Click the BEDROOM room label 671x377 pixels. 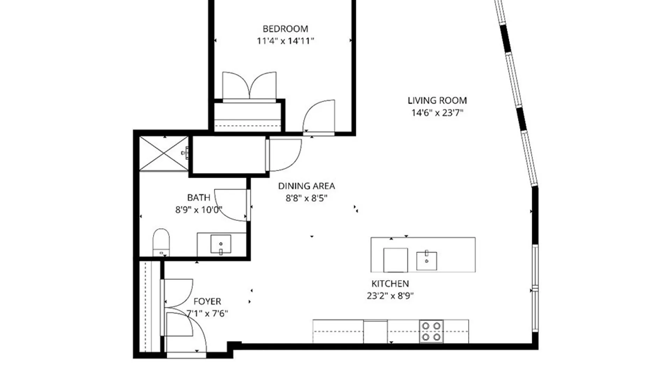click(x=285, y=29)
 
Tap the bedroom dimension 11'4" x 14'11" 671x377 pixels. click(x=285, y=41)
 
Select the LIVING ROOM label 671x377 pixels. click(x=437, y=101)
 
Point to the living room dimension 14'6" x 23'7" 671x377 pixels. click(x=437, y=113)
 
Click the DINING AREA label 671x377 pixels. click(x=306, y=186)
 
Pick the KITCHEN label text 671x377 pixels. click(x=390, y=283)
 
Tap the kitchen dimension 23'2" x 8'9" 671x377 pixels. click(x=390, y=296)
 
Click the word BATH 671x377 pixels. click(x=199, y=198)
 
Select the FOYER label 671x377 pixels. click(x=207, y=301)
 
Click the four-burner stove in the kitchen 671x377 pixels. click(x=431, y=331)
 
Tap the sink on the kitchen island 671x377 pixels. click(x=426, y=261)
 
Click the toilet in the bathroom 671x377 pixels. click(x=161, y=242)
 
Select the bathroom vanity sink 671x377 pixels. click(x=221, y=244)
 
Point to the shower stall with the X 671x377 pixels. click(x=164, y=153)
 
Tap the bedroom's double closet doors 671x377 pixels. click(x=249, y=86)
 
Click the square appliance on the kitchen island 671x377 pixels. click(x=395, y=260)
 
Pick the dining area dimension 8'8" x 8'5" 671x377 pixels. click(x=306, y=198)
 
